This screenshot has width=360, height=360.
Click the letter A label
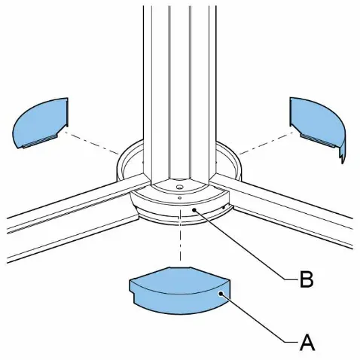(307, 343)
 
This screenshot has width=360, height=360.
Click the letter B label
(307, 279)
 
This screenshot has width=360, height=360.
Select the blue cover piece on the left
(41, 123)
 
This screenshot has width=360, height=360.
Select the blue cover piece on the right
(318, 127)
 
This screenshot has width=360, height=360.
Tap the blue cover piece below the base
(179, 291)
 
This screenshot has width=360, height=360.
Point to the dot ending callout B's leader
(194, 209)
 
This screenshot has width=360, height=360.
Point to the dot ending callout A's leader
(221, 293)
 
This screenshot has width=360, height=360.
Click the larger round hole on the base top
(179, 187)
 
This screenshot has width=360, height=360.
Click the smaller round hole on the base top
(179, 198)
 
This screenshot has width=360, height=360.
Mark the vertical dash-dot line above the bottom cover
(180, 235)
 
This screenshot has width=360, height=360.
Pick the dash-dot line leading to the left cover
(91, 142)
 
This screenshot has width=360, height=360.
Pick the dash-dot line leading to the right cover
(267, 142)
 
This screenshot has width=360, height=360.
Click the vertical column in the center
(179, 93)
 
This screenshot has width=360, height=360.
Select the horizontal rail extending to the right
(281, 209)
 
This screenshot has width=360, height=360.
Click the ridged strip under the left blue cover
(40, 141)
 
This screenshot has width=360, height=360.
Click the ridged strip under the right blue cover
(319, 141)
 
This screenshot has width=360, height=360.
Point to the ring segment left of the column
(130, 160)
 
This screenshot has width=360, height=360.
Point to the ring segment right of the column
(229, 160)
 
